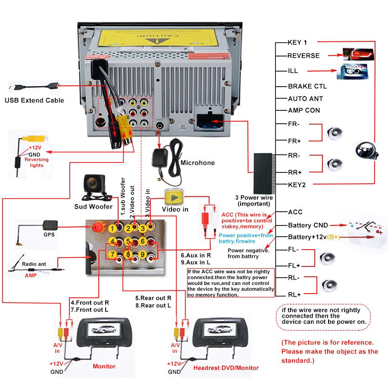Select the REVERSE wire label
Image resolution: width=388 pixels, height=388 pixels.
(304, 56)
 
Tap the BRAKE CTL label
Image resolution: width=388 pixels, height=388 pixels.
(307, 86)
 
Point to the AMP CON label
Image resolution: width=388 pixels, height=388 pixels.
(304, 110)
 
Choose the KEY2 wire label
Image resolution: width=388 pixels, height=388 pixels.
(297, 185)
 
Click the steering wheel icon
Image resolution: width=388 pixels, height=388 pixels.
(363, 150)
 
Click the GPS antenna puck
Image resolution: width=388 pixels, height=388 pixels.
(49, 225)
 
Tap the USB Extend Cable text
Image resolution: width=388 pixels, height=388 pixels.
(34, 100)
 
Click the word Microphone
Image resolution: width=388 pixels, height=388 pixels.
(197, 163)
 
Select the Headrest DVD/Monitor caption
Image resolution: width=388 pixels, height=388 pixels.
(226, 368)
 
